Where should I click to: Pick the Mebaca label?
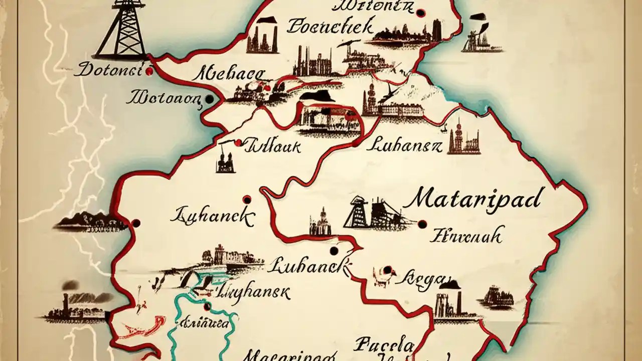pos(229,75)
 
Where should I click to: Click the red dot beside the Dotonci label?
pos(148,72)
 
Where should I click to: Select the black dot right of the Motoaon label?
pos(210,100)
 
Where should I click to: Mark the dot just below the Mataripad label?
pos(422,224)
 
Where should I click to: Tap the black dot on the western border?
pos(135,223)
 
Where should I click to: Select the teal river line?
pos(177,331)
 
